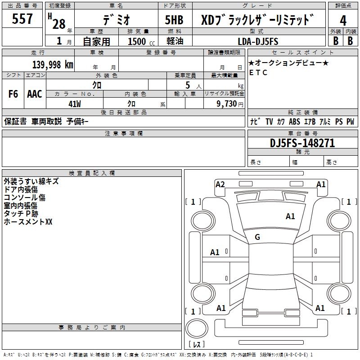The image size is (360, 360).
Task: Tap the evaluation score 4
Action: [343, 21]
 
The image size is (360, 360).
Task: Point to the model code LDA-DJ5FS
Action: [258, 41]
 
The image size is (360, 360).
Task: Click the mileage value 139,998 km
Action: [53, 64]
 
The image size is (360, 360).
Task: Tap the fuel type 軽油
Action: [174, 41]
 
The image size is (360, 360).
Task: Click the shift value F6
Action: [13, 94]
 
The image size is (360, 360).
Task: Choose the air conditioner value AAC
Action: [35, 94]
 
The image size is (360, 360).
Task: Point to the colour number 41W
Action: [74, 103]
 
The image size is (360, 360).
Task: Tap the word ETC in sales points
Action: [258, 72]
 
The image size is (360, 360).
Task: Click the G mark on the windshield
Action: [257, 237]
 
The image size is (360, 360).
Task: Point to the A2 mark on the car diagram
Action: [220, 184]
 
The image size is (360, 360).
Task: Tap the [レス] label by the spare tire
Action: [197, 344]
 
